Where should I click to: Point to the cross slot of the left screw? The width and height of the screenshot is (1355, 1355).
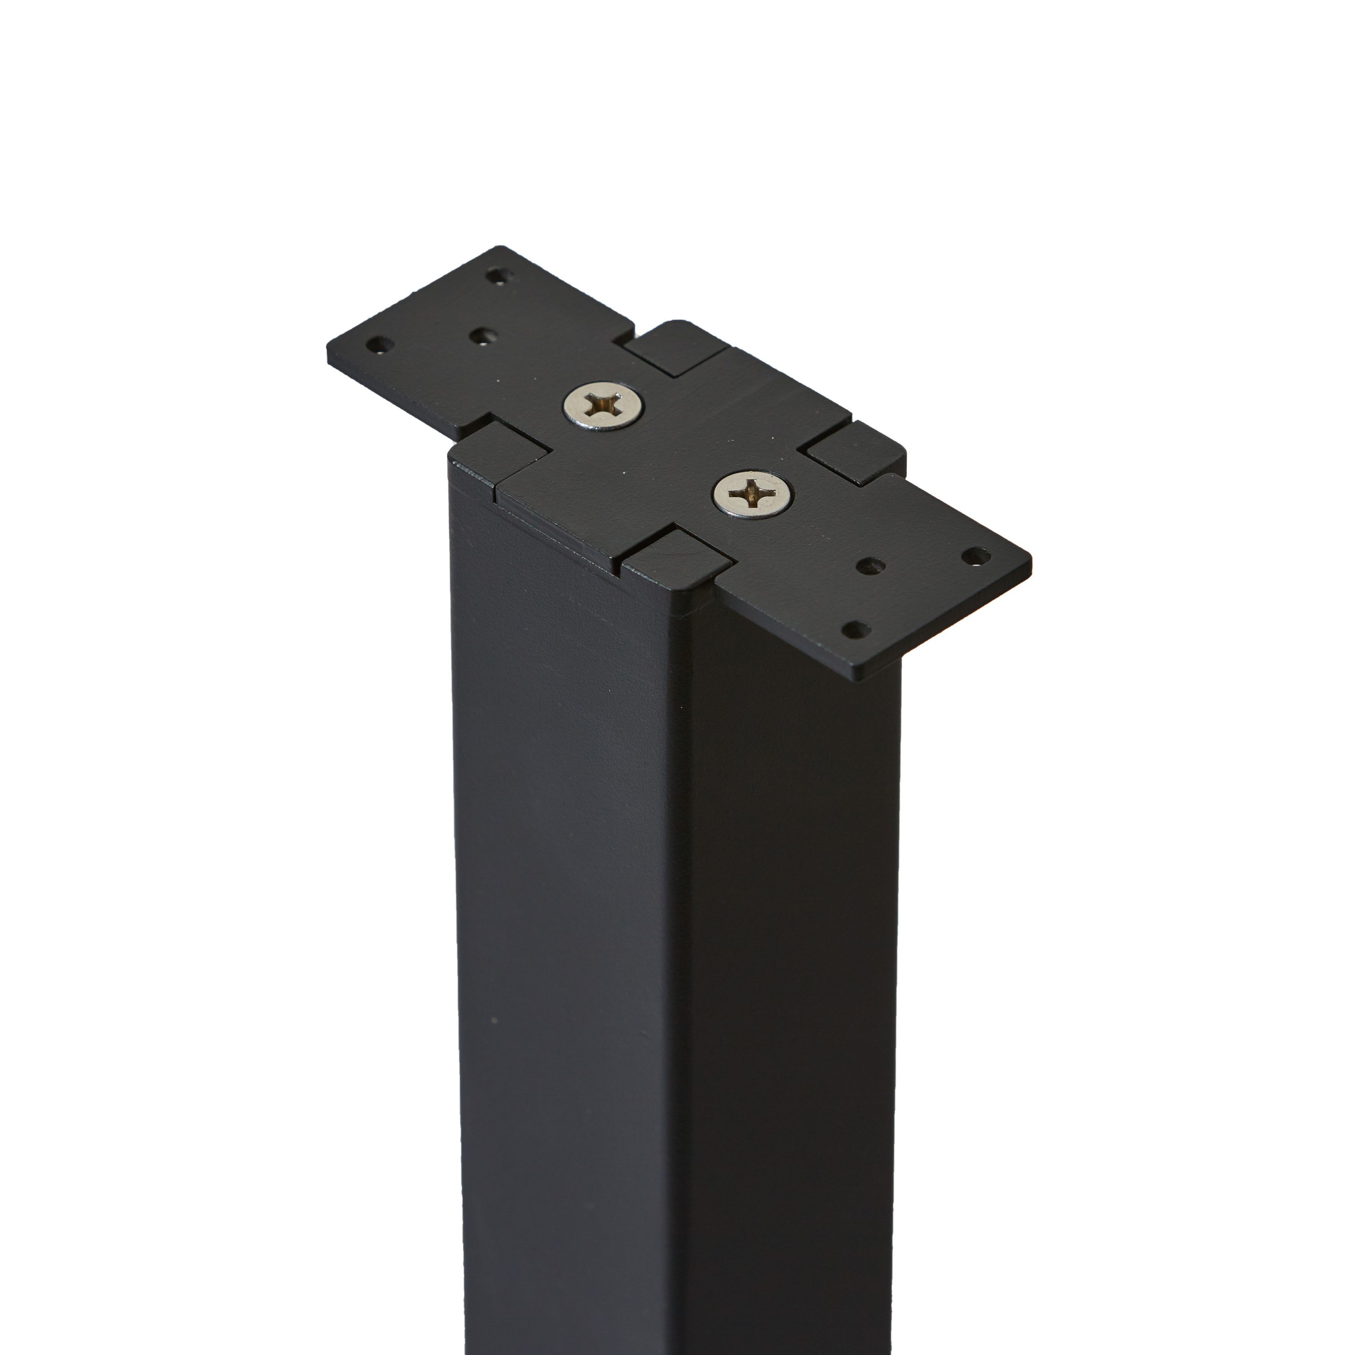(x=603, y=406)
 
